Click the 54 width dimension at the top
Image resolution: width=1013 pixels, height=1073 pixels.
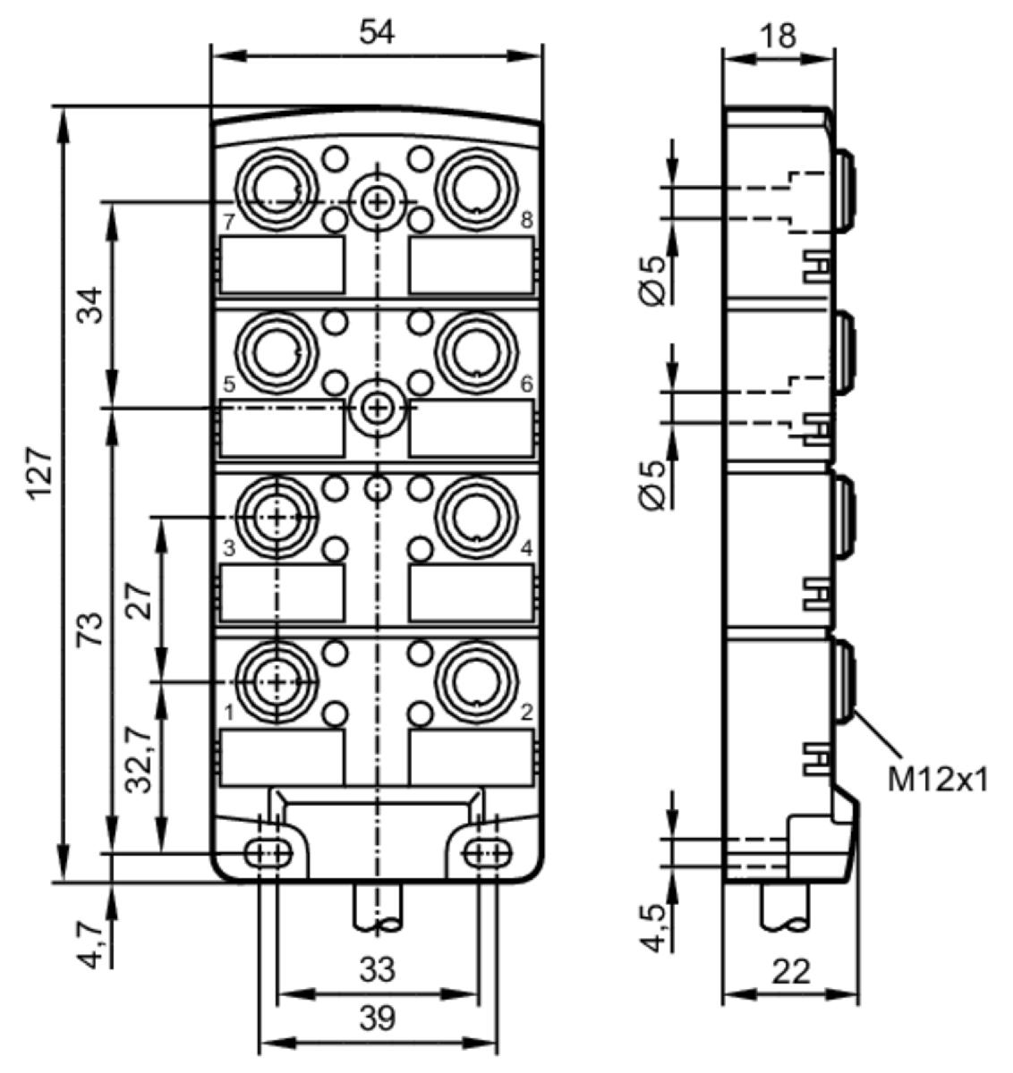(377, 32)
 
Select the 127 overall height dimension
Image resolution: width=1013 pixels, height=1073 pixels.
(41, 474)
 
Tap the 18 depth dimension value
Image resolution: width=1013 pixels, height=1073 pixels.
(779, 36)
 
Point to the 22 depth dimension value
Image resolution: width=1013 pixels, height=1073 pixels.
(791, 972)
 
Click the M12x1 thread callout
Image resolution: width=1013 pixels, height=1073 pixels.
(938, 781)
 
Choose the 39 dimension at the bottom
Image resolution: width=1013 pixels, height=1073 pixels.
(377, 1019)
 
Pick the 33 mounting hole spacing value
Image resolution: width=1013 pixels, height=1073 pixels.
(377, 969)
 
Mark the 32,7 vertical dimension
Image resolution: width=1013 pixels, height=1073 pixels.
(138, 759)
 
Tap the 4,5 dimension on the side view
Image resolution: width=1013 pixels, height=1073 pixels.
(652, 927)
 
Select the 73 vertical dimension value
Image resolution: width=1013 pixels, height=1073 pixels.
(90, 629)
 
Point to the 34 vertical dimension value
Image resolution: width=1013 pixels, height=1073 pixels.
(90, 305)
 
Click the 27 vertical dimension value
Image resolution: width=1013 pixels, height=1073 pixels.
(139, 601)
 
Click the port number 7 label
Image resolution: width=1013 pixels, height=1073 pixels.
(229, 221)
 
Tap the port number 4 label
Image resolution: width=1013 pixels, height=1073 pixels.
(525, 549)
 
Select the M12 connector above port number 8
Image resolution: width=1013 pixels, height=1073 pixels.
(477, 189)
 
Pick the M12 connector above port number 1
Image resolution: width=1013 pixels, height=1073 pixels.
(277, 682)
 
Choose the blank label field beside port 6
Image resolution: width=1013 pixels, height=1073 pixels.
(472, 429)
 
